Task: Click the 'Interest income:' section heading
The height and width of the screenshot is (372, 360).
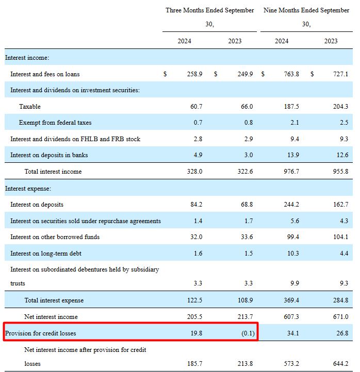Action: (x=27, y=58)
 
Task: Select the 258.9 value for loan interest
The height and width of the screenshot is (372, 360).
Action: (x=194, y=74)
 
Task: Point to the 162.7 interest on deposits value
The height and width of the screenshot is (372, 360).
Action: (x=340, y=205)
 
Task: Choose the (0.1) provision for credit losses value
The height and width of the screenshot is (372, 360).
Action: (x=247, y=333)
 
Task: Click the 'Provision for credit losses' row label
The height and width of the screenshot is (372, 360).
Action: (x=41, y=333)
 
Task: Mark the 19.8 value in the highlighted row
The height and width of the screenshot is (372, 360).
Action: (x=195, y=333)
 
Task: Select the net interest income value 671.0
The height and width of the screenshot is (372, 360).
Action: (x=340, y=317)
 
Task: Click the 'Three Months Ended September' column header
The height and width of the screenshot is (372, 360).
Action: (x=209, y=10)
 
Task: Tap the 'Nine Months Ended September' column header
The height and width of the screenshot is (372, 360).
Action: (x=306, y=10)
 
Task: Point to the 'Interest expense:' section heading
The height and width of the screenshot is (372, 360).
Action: (x=28, y=189)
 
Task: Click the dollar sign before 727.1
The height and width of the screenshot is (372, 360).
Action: (x=312, y=74)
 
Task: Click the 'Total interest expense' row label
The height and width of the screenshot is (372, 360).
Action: (x=54, y=300)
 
